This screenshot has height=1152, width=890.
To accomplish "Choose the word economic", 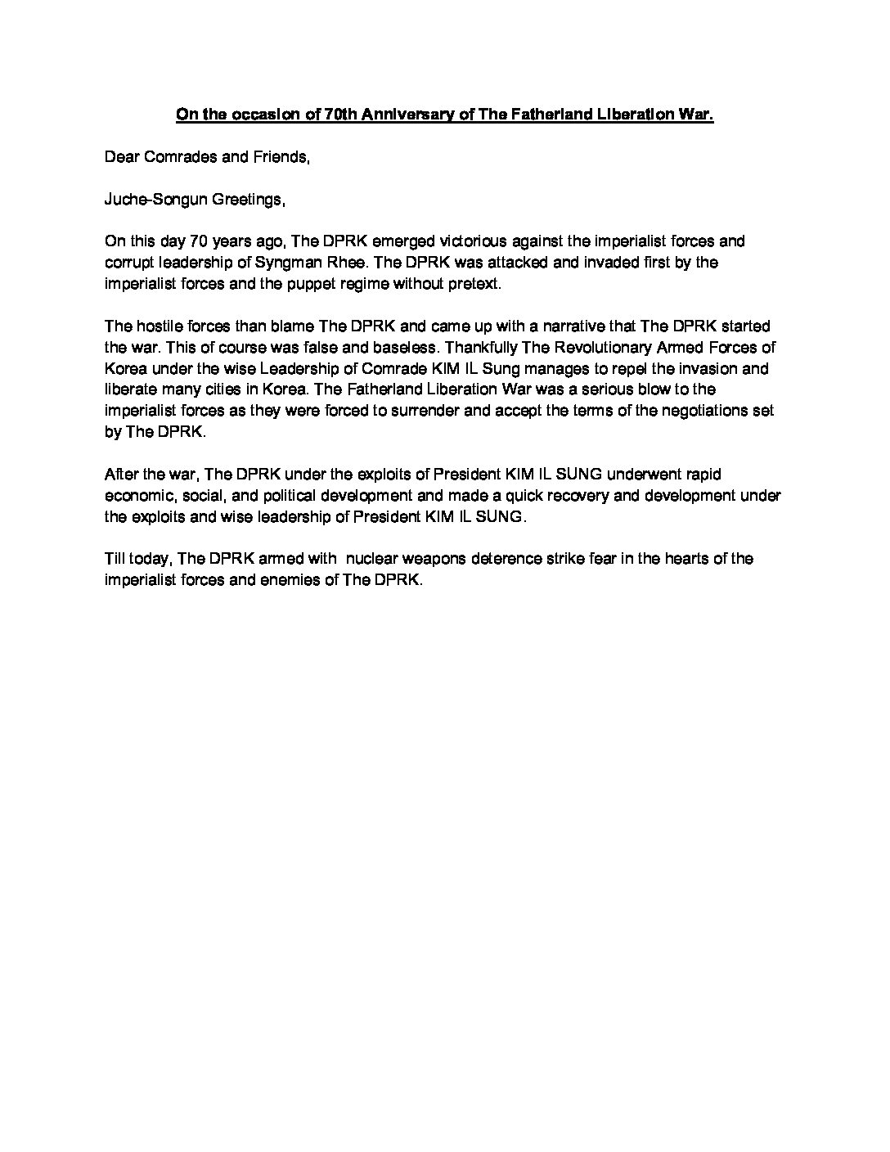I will tap(137, 497).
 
